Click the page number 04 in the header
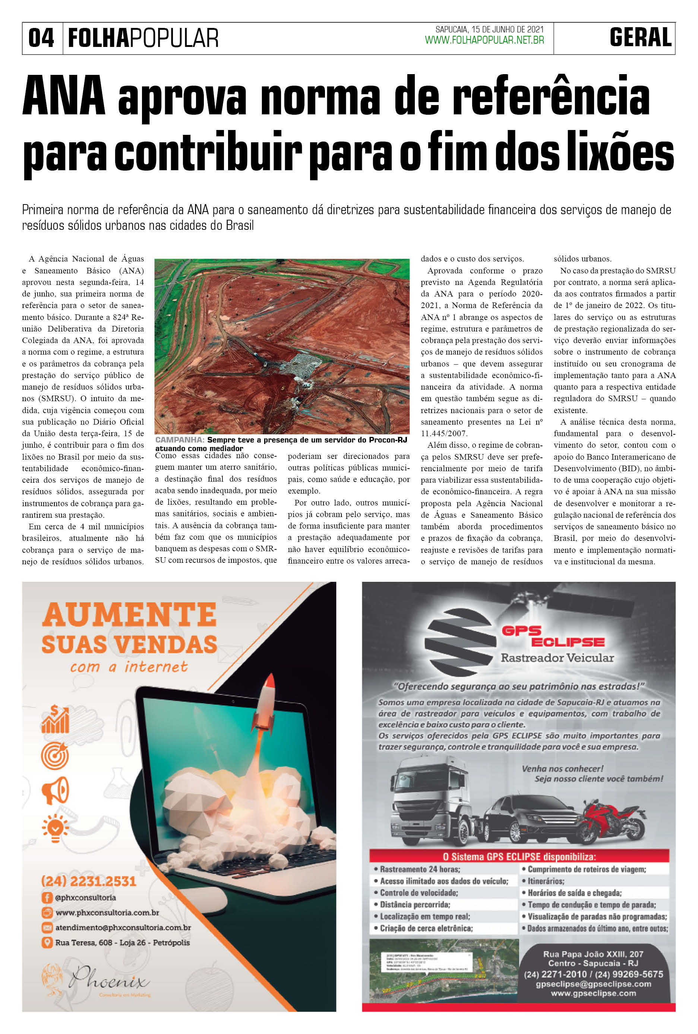(41, 38)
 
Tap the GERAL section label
(640, 38)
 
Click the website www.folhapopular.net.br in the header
(484, 40)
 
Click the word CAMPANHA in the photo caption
(180, 440)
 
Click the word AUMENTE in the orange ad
(129, 615)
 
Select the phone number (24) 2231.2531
(89, 881)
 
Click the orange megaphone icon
(55, 790)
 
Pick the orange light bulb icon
(55, 828)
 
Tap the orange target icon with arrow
(55, 755)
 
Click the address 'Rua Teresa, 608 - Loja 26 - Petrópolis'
(122, 942)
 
